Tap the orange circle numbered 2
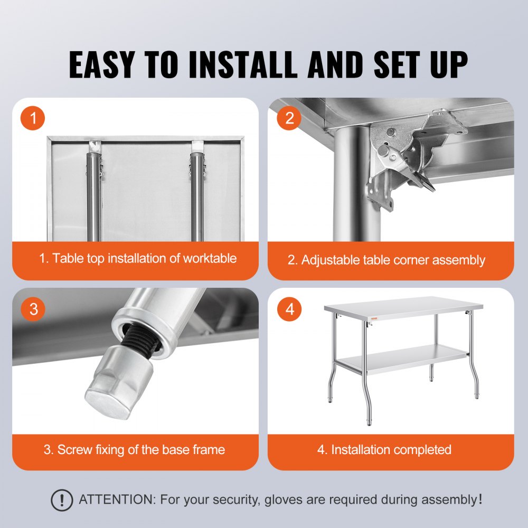289,119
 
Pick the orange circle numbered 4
289,309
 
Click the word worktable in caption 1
210,258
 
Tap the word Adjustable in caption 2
331,260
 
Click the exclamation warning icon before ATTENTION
62,499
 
